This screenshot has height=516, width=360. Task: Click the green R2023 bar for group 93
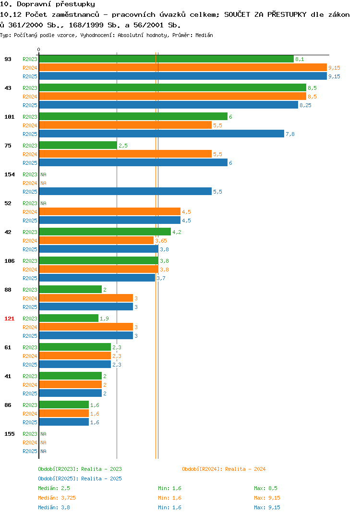167,59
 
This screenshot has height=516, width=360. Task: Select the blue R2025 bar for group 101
161,134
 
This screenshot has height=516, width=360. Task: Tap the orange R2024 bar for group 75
125,154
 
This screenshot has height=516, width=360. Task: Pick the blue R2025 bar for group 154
125,192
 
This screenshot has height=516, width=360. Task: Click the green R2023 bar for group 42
105,232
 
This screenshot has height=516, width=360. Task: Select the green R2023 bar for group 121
69,318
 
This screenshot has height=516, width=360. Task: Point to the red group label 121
10,319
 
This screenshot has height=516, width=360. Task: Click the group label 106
10,261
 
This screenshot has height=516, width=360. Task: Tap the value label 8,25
305,105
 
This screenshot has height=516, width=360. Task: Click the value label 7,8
290,134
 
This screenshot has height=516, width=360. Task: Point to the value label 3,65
161,241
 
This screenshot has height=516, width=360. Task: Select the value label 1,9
104,319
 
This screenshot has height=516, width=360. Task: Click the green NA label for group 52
43,203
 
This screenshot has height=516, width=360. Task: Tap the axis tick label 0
38,49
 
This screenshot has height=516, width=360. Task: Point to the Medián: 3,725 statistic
57,498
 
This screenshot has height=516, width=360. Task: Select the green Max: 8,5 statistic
265,488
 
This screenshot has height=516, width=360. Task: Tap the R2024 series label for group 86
30,414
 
